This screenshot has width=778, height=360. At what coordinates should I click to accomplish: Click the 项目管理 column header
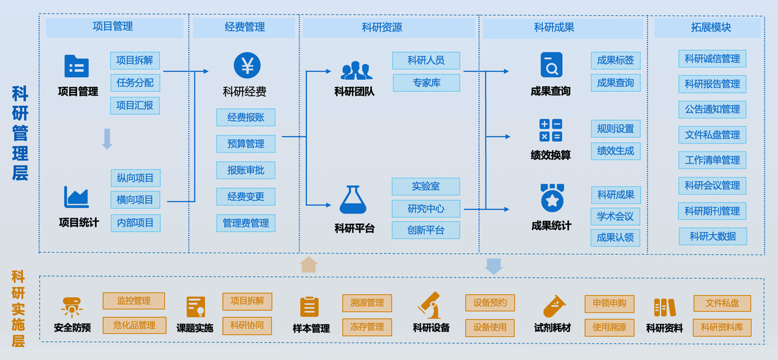point(114,27)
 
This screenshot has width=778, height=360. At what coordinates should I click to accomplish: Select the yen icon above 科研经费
point(247,66)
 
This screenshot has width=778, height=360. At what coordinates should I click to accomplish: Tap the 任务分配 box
point(135,83)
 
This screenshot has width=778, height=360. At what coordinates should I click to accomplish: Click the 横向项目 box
point(135,200)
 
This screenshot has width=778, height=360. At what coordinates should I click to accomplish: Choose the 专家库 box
point(426,83)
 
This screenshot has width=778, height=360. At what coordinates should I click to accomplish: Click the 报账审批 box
point(246,170)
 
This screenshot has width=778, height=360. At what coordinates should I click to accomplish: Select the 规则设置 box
point(615,129)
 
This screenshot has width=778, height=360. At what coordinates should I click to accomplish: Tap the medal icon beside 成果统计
point(552,198)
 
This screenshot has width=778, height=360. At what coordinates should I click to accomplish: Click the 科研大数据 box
point(712,237)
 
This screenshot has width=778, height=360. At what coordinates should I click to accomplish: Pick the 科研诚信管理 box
point(712,59)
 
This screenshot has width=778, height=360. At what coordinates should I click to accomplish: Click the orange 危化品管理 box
point(134,325)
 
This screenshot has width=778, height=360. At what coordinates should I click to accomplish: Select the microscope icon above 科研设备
point(430,305)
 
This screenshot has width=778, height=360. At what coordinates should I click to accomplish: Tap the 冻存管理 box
point(367,327)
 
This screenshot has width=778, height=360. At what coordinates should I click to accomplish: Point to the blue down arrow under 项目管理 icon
point(107,139)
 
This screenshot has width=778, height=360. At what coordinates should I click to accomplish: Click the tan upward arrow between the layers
point(309,265)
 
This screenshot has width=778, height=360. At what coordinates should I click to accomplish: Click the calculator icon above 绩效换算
point(551,131)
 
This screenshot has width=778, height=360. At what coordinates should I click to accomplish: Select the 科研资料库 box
point(722,327)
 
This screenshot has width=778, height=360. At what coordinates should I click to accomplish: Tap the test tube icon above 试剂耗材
point(554,306)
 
